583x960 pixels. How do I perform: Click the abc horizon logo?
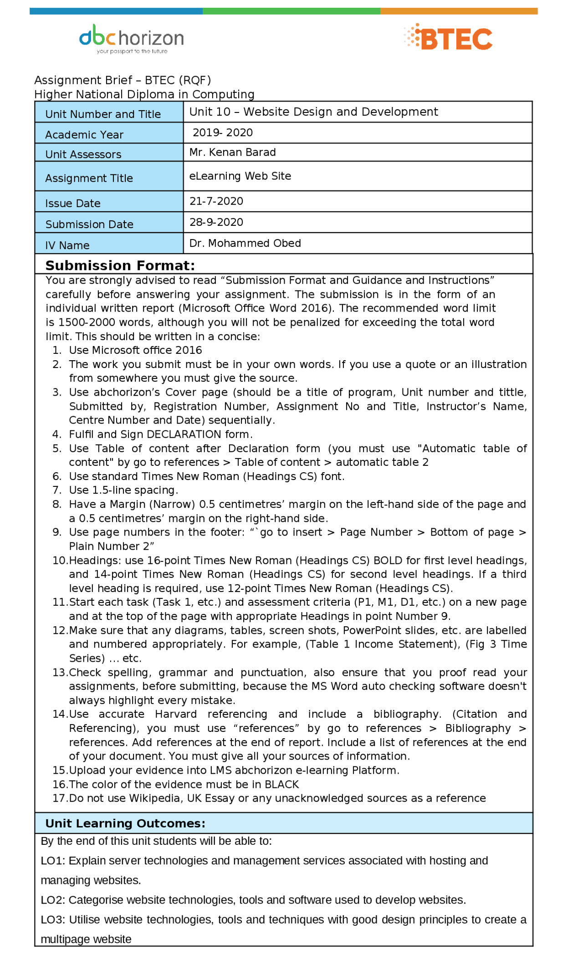tap(131, 38)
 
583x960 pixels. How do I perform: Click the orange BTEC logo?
tap(449, 37)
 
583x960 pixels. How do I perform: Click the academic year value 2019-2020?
tap(222, 133)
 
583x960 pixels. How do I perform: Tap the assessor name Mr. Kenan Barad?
tap(232, 152)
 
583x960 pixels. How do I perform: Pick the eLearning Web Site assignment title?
tap(240, 176)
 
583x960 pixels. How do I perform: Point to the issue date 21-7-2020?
tap(216, 201)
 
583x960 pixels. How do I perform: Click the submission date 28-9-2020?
tap(216, 222)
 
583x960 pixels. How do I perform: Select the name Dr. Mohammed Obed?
tap(245, 243)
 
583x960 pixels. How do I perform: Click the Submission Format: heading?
tap(120, 265)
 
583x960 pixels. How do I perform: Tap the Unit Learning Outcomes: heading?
tap(125, 823)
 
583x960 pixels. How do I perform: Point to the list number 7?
tap(56, 490)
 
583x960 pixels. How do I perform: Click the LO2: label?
tap(53, 900)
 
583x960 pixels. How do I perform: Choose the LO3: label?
tap(53, 919)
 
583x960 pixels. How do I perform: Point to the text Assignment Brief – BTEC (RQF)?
tap(123, 80)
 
